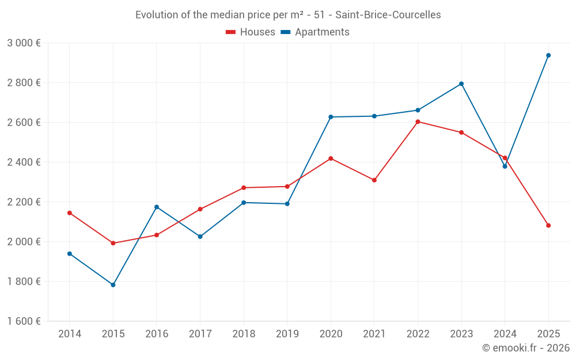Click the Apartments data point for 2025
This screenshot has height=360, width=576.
[x=548, y=55]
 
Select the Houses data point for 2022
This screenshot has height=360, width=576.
[x=418, y=122]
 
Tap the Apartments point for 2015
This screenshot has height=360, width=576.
[x=113, y=285]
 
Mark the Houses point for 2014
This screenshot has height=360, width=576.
[x=70, y=213]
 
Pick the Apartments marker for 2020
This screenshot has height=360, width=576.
[x=331, y=117]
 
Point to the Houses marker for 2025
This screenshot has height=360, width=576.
[x=548, y=225]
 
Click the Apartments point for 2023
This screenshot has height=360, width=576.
[x=461, y=84]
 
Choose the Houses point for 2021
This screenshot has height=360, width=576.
[x=374, y=180]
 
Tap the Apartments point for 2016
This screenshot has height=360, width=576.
[x=157, y=207]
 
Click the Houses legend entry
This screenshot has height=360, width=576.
[x=251, y=32]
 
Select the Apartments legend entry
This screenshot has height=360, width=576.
[x=315, y=32]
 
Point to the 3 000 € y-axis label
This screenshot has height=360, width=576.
[x=24, y=43]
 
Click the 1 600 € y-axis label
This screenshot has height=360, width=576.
[x=24, y=321]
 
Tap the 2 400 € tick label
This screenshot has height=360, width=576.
[x=24, y=162]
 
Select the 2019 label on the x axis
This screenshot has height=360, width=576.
[x=287, y=334]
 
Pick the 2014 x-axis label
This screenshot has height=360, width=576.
[x=70, y=334]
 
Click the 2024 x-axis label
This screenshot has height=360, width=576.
[x=505, y=334]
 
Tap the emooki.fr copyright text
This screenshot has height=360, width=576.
[x=526, y=348]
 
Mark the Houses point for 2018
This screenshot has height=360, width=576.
[x=244, y=188]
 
